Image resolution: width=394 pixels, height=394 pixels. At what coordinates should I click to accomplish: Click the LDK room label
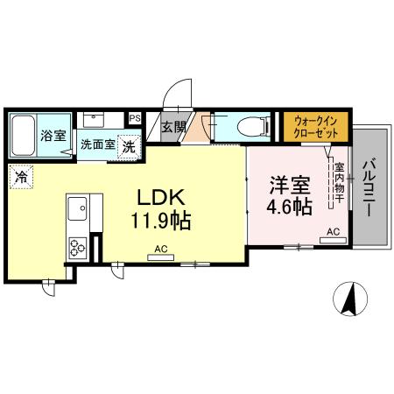point(161,194)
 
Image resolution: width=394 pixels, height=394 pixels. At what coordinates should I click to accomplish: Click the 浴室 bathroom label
point(53,136)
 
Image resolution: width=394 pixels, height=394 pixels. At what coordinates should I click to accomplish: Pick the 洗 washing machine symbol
point(129,146)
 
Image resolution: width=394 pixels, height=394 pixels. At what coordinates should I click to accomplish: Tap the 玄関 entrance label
point(174,127)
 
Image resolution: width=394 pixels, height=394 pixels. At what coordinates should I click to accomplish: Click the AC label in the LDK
point(160,250)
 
